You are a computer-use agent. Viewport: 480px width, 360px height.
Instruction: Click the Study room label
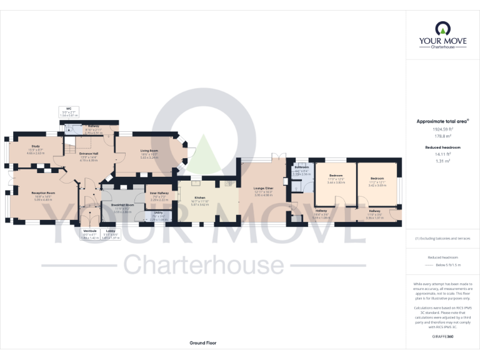[x=35, y=150]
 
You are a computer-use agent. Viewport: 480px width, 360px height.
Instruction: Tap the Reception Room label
[x=44, y=193]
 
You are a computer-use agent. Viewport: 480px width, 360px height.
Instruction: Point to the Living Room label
[x=149, y=151]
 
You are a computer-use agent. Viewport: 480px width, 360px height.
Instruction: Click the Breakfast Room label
[x=122, y=205]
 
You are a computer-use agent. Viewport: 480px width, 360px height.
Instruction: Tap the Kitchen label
[x=200, y=197]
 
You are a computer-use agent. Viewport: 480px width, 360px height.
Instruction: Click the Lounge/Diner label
[x=263, y=188]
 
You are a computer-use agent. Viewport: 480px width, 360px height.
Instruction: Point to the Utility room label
[x=159, y=213]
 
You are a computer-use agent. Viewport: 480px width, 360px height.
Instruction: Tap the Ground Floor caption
[x=203, y=343]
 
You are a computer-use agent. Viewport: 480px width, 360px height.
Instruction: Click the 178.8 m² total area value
[x=442, y=135]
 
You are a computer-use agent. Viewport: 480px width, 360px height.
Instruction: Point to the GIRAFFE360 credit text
[x=442, y=337]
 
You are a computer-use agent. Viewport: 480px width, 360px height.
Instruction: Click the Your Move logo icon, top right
[x=442, y=28]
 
